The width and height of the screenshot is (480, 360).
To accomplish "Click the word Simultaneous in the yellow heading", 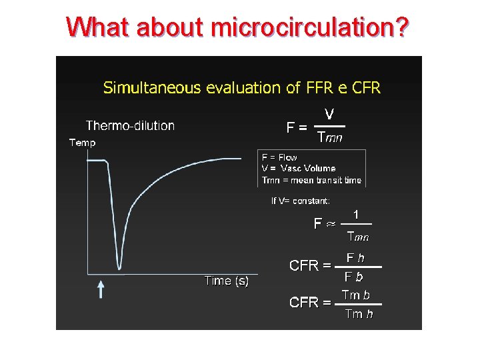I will (x=143, y=87).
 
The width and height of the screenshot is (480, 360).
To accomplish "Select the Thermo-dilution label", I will (x=130, y=125).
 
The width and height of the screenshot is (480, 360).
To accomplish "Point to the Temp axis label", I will (x=83, y=142).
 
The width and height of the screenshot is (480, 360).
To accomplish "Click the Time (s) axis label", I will (x=227, y=281).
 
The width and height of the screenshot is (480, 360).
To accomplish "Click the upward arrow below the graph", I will (x=101, y=289).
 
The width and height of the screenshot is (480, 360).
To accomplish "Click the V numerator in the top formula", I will (x=329, y=114).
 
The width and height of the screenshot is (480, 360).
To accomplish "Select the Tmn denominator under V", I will (x=330, y=138).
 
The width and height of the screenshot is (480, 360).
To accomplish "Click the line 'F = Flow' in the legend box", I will (x=279, y=158).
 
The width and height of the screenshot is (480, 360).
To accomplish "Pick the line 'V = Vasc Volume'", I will (x=299, y=169).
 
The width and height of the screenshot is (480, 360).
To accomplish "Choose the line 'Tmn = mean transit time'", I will (x=311, y=179).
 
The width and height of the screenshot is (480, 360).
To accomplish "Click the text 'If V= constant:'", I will (x=300, y=200).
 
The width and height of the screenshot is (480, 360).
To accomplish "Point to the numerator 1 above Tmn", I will (x=357, y=214).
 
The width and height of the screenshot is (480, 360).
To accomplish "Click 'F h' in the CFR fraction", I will (x=355, y=257).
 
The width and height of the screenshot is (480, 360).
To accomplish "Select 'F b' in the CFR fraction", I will (x=354, y=276).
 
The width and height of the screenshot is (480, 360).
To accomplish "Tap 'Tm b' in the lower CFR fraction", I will (x=356, y=295).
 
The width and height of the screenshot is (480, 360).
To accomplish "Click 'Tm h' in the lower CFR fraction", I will (x=359, y=313).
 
